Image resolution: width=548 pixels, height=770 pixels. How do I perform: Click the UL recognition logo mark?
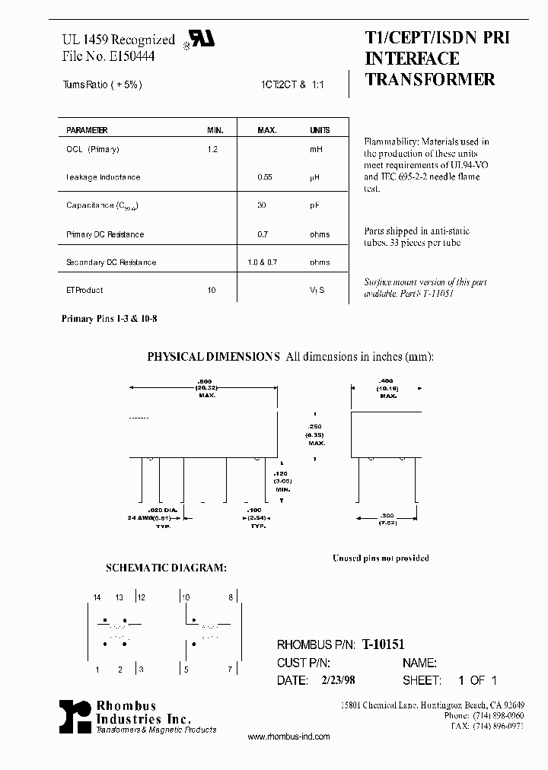(x=203, y=39)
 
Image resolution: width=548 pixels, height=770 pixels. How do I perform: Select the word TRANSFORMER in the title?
(x=430, y=79)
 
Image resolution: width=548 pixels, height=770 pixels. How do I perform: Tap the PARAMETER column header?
(x=87, y=130)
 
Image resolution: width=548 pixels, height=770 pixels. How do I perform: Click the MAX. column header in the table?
(x=266, y=130)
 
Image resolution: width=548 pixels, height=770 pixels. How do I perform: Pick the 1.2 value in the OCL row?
(x=212, y=149)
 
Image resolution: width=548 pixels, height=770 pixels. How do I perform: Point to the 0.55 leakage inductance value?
(x=266, y=177)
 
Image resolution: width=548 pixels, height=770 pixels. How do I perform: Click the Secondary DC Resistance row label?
(x=111, y=262)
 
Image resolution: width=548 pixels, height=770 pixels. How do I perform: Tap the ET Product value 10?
(x=212, y=290)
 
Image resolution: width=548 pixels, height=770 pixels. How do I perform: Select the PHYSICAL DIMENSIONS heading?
(x=214, y=356)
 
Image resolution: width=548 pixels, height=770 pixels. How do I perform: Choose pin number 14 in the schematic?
(x=97, y=598)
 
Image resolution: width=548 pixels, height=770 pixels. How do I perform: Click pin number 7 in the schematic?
(x=230, y=670)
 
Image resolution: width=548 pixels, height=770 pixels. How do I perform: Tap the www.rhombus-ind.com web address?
(x=289, y=737)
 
